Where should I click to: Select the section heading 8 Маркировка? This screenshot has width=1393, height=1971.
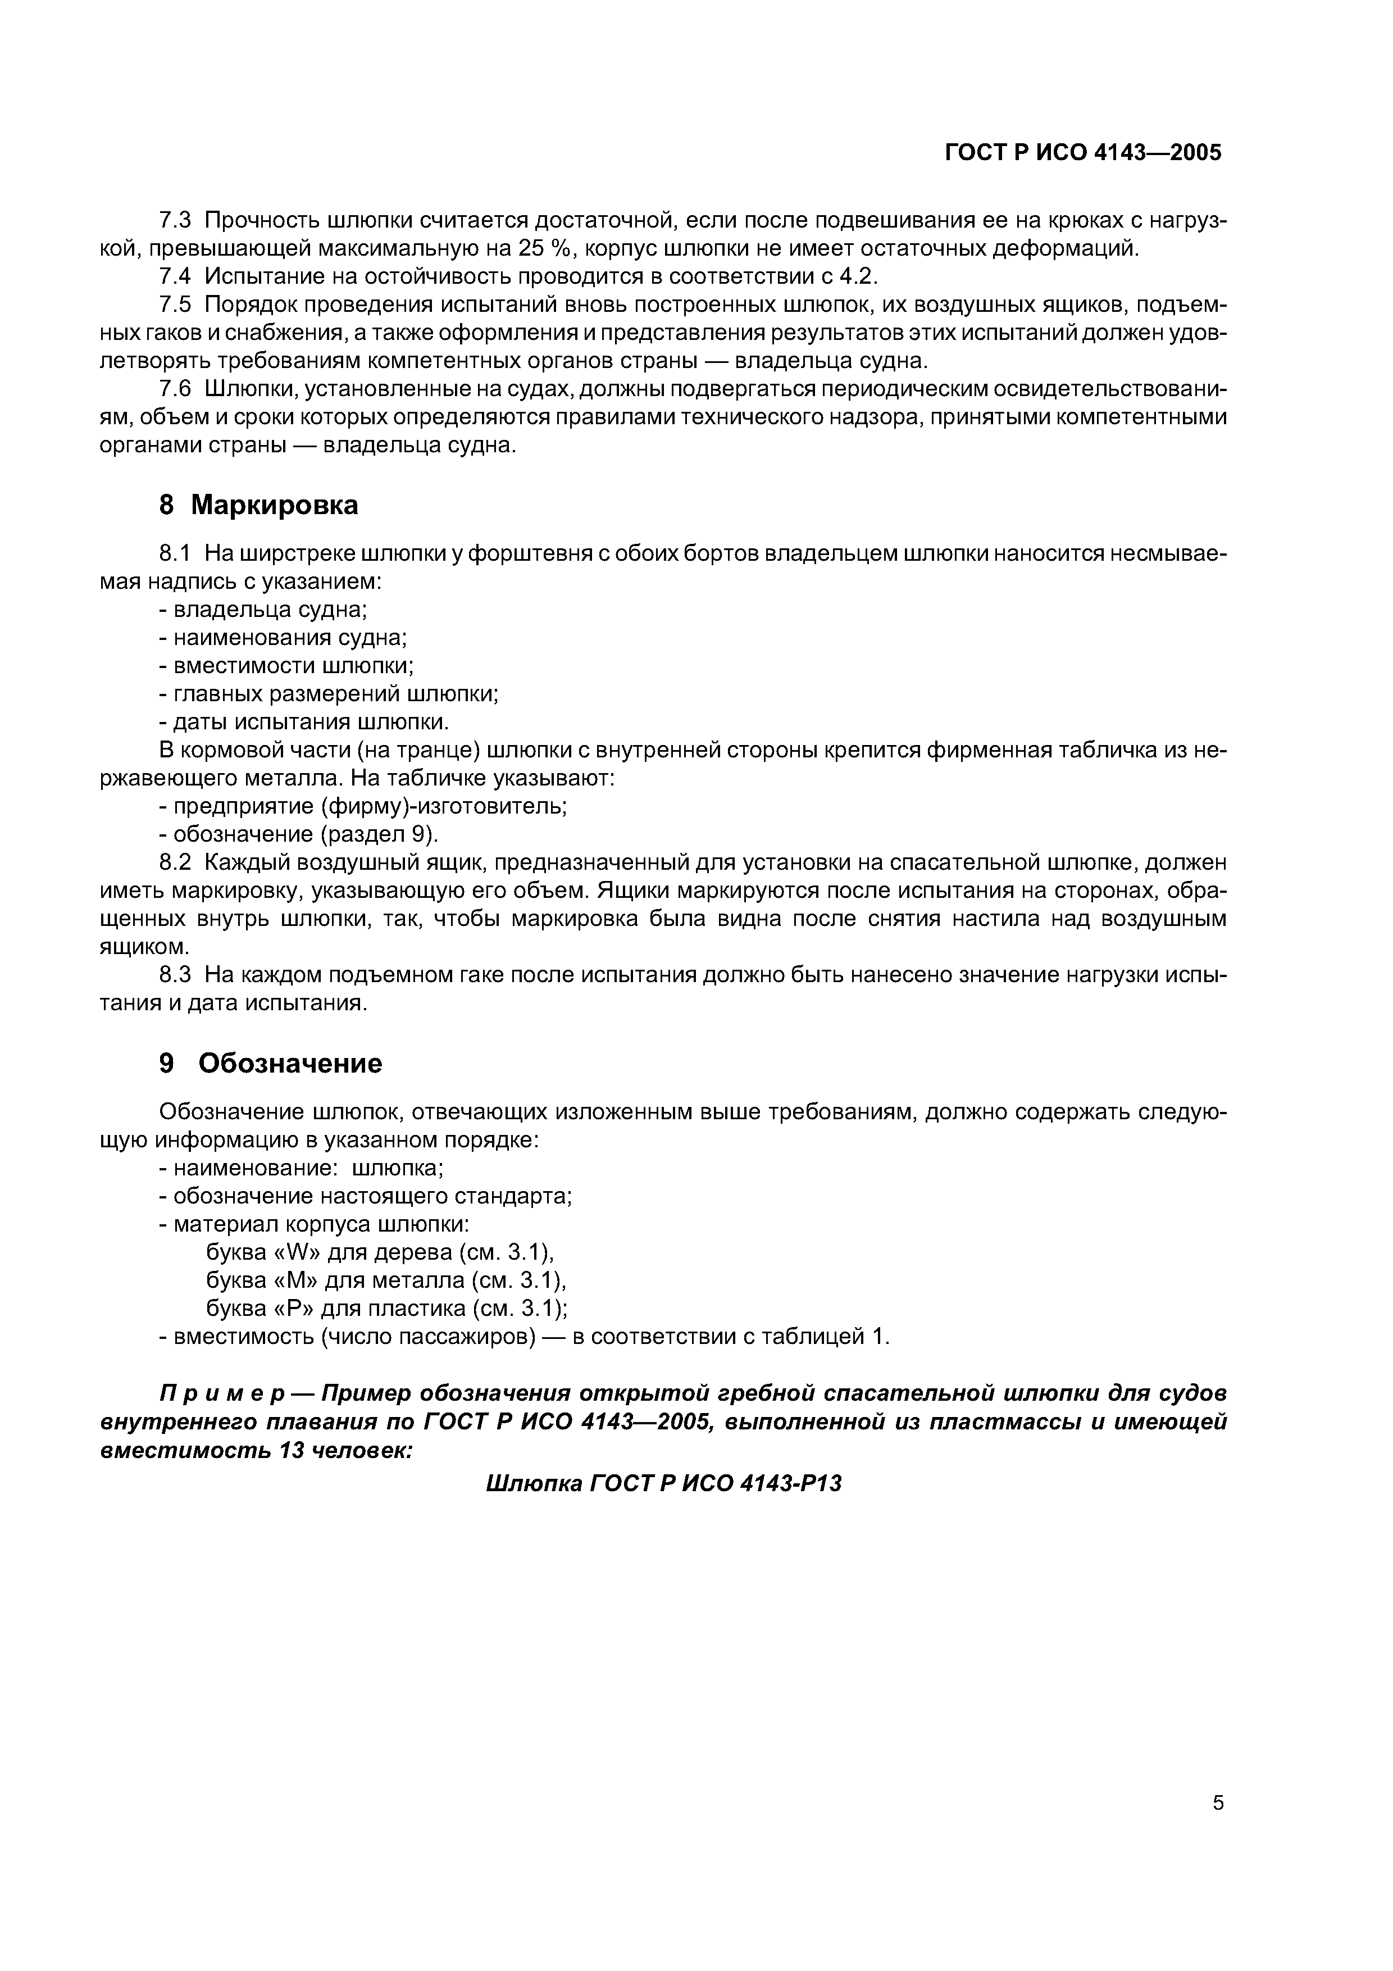pyautogui.click(x=258, y=505)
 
